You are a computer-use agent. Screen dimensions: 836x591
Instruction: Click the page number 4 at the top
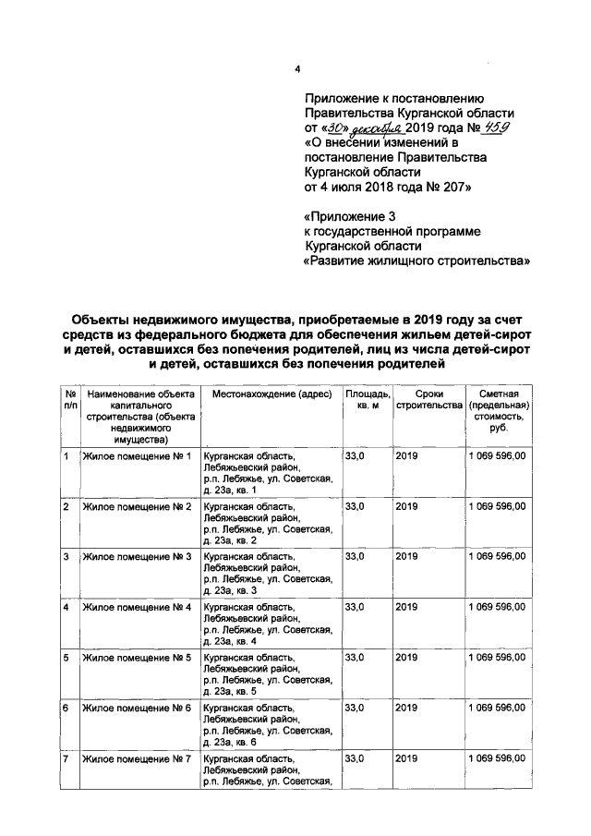[x=297, y=69]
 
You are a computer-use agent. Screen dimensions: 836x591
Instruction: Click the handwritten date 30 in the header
[x=334, y=128]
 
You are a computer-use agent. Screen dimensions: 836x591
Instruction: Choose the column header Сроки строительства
[x=427, y=400]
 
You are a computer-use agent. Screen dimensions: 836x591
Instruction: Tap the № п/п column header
[x=70, y=400]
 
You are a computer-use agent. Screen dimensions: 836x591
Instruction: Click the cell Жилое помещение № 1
[x=137, y=456]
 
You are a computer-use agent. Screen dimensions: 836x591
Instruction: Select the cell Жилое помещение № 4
[x=137, y=607]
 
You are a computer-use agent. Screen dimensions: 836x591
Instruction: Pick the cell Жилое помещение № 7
[x=137, y=757]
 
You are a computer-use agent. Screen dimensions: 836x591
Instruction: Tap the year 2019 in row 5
[x=407, y=657]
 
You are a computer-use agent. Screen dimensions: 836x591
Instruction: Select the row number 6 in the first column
[x=66, y=708]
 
